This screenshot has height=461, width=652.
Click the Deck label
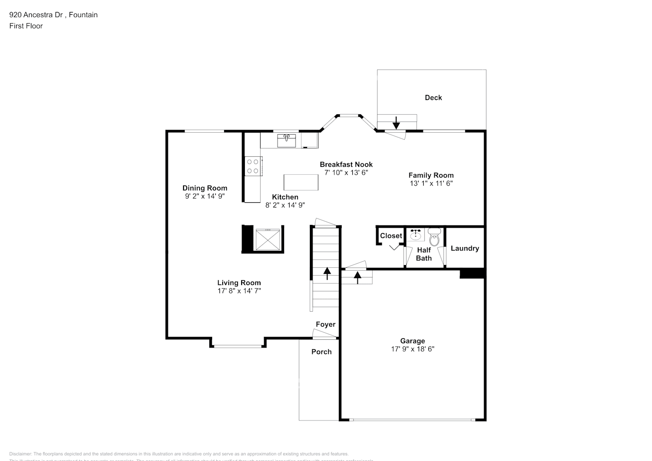[433, 97]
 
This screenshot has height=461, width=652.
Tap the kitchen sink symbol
[286, 140]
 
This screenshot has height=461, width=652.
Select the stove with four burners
[253, 166]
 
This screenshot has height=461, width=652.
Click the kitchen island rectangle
[301, 182]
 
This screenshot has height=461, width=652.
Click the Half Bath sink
[415, 235]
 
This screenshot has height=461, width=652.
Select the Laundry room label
[465, 248]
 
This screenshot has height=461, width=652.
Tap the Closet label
[391, 236]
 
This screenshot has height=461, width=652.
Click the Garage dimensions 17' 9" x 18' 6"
[413, 349]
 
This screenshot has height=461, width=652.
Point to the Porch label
[321, 352]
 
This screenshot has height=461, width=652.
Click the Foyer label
[326, 324]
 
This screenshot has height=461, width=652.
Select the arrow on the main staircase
[327, 273]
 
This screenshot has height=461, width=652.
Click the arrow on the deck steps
[396, 122]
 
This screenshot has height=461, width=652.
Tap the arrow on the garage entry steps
[357, 277]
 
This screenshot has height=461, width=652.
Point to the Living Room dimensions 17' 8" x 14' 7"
[239, 291]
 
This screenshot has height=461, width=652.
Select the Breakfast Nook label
[346, 164]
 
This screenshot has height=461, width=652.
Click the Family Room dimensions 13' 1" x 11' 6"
[431, 183]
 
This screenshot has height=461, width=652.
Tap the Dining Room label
[205, 188]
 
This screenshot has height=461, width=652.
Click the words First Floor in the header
[26, 26]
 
